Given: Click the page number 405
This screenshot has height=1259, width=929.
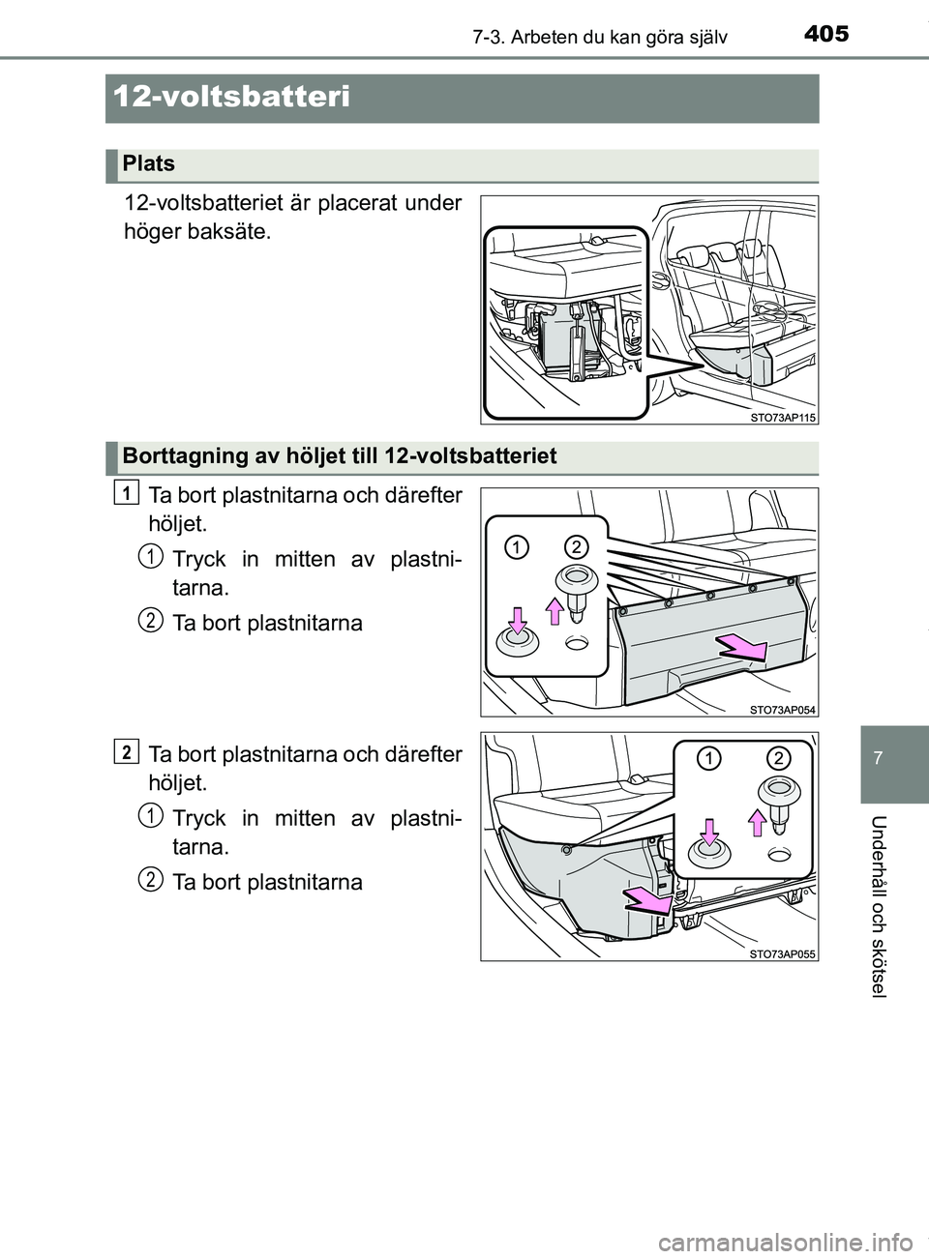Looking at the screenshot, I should (x=825, y=34).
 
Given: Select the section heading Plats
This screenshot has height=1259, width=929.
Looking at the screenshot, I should (x=149, y=163).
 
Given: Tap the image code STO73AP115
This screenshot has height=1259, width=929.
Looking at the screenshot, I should (x=783, y=417).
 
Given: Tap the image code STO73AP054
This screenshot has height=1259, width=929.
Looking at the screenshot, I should (x=783, y=709).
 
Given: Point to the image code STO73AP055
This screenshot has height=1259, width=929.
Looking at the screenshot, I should (x=783, y=953).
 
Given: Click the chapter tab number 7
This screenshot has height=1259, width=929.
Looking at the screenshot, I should (x=879, y=757).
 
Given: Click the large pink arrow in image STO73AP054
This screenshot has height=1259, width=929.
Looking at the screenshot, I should (x=741, y=648).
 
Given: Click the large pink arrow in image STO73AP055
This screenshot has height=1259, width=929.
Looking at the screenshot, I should (x=645, y=901).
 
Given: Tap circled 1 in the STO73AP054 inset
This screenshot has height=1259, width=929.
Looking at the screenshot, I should (x=517, y=547).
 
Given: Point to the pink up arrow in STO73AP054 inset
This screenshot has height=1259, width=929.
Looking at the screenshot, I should (x=555, y=612).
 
